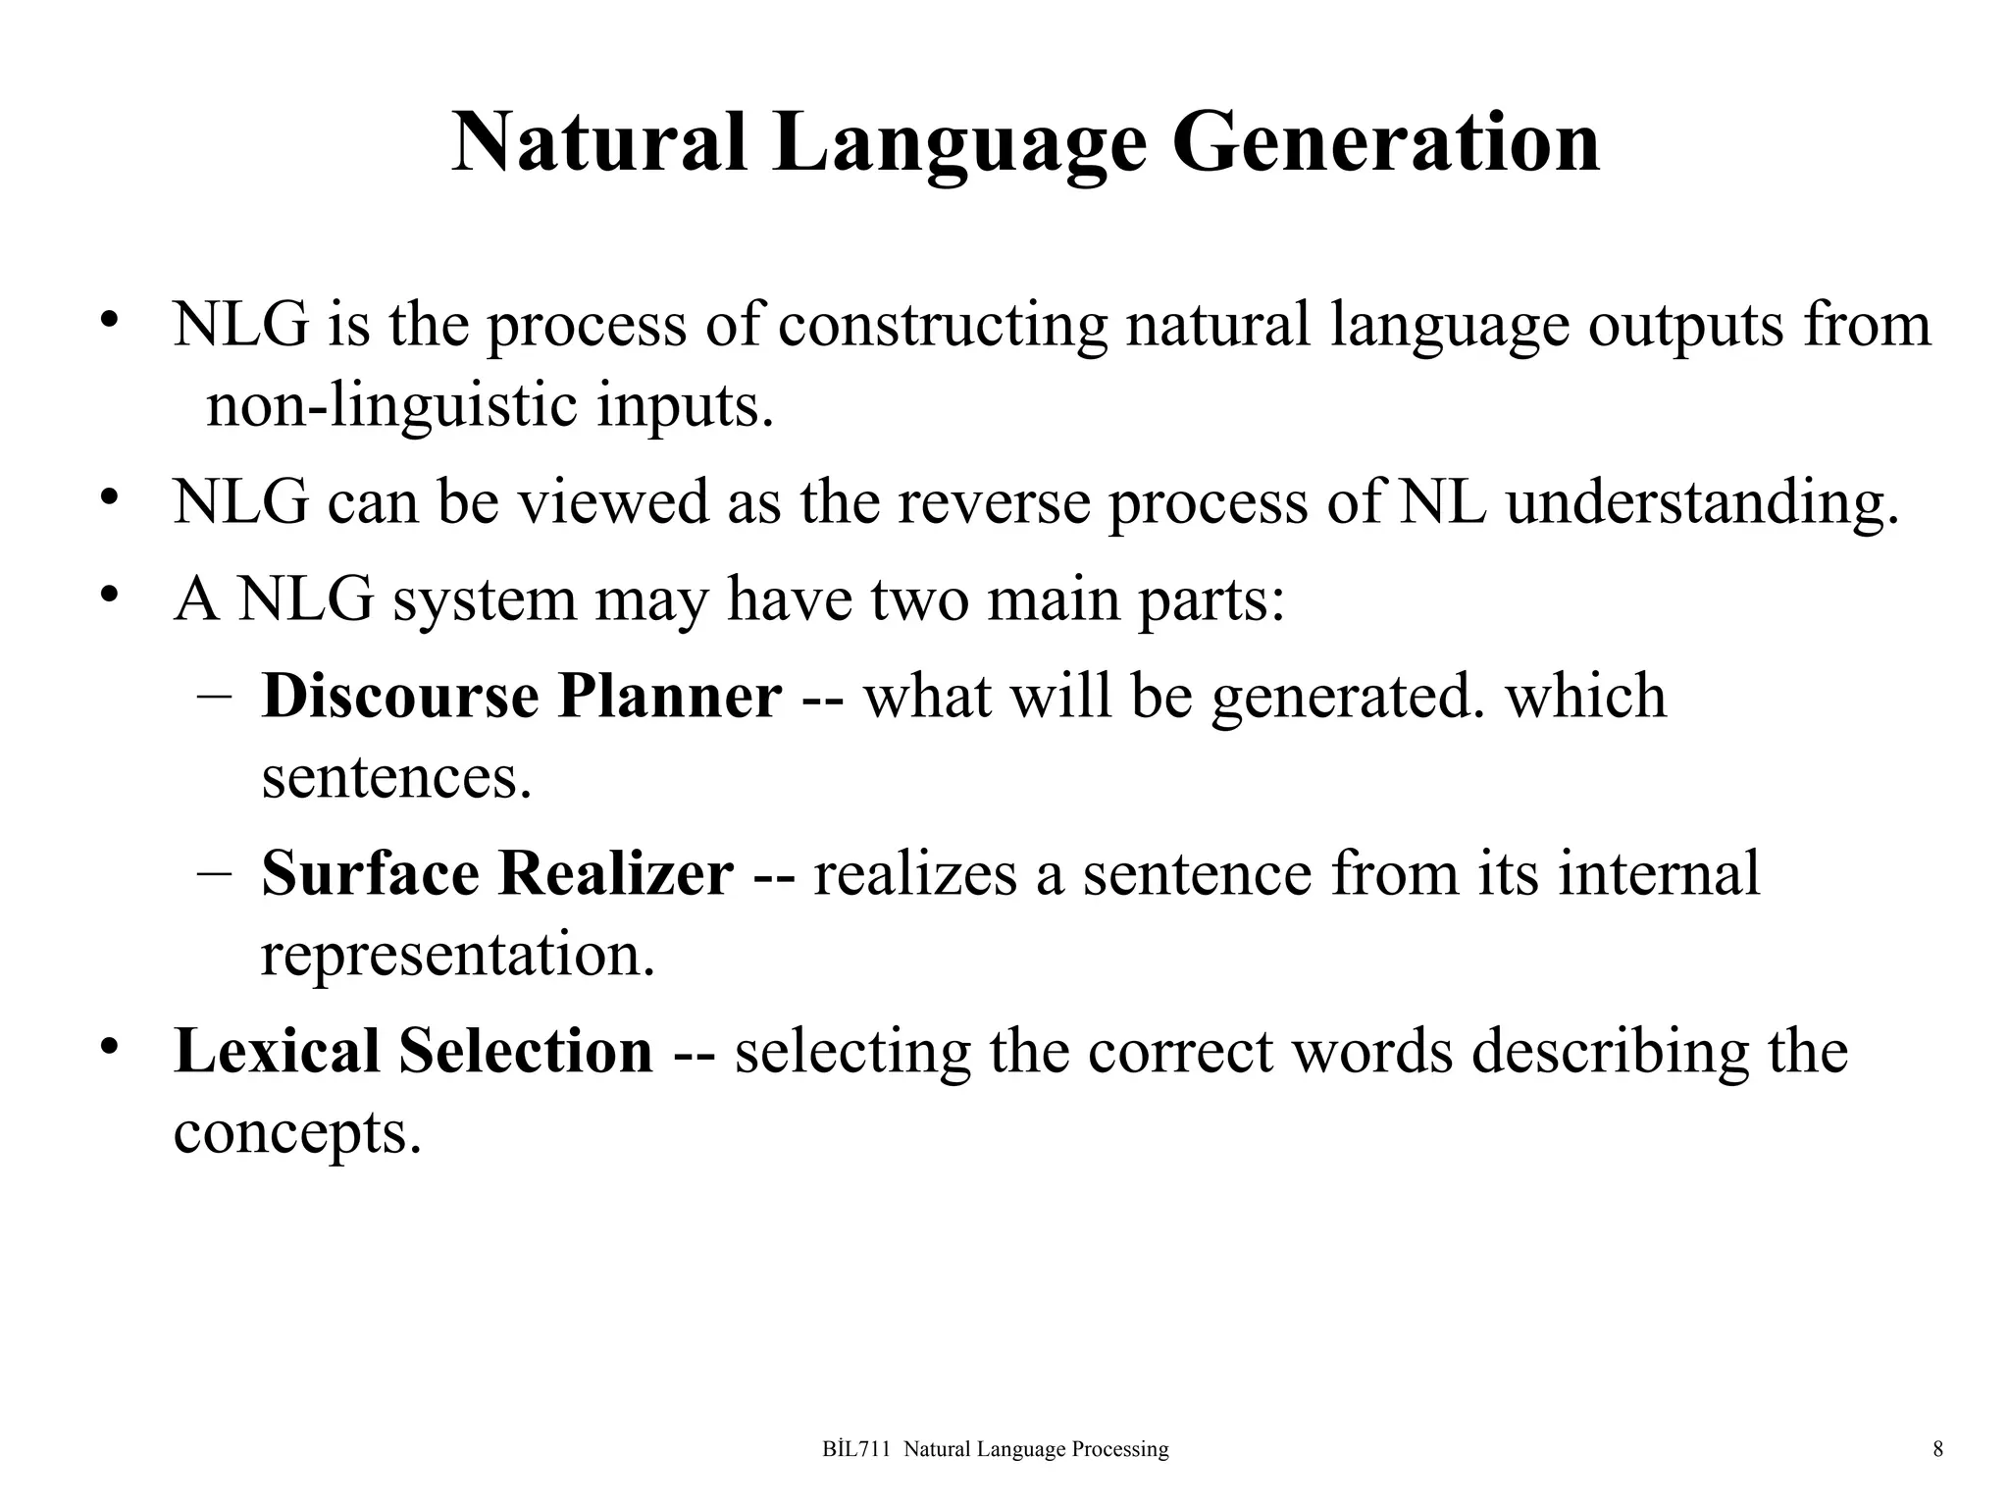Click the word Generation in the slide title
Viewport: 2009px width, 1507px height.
(1385, 143)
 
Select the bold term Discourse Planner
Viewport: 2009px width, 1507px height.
(522, 697)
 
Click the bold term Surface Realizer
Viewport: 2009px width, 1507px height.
(496, 873)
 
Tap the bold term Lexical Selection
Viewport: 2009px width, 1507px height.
(413, 1051)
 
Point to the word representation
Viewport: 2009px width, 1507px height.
(457, 954)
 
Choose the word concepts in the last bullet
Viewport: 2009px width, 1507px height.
(297, 1132)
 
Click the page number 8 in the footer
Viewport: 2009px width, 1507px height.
(1937, 1449)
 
